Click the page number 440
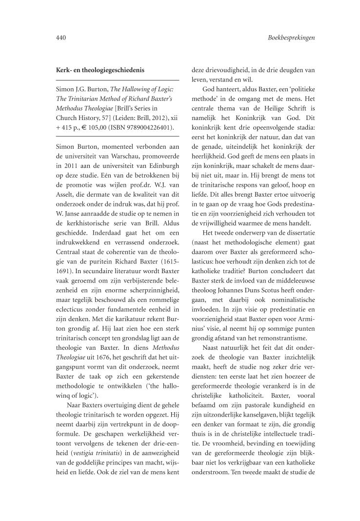61,38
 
